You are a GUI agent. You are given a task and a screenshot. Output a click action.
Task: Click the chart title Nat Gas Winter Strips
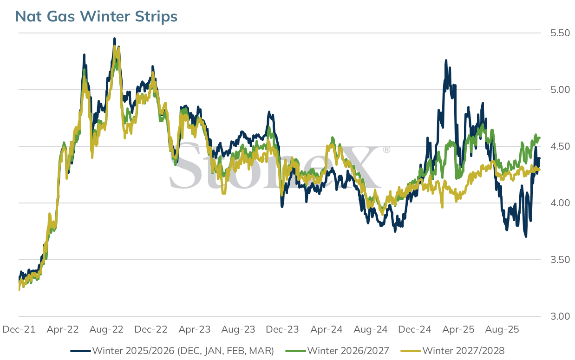pos(96,16)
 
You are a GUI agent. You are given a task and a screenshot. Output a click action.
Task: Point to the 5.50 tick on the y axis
pos(560,33)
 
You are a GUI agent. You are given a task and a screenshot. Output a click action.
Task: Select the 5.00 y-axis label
pos(560,90)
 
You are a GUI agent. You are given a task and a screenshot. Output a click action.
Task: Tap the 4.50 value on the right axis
pos(560,147)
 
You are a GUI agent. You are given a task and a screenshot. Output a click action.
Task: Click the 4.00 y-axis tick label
pos(560,203)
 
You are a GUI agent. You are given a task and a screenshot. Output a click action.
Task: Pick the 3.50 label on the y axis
pos(560,260)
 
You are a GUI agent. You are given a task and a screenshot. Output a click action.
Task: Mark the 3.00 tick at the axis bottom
pos(560,316)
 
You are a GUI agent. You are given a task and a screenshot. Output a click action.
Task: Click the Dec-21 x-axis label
pos(19,329)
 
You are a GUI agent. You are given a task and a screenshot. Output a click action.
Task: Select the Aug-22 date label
pos(106,329)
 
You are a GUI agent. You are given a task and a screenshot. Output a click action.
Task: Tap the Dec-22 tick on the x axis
pos(150,329)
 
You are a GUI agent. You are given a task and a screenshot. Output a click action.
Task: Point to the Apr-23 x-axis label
pos(195,329)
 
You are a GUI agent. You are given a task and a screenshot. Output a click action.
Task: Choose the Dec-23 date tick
pos(282,329)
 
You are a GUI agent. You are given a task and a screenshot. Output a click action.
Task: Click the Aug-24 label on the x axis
pos(371,329)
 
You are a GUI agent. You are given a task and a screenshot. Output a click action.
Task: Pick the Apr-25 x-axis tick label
pos(458,329)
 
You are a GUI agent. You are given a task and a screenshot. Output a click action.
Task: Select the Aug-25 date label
pos(502,329)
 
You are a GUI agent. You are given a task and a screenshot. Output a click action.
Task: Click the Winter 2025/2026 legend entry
pos(172,351)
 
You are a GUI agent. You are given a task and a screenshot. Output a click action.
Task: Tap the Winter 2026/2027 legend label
pos(337,351)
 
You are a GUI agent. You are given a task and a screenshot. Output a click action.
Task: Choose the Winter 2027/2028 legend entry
pos(452,351)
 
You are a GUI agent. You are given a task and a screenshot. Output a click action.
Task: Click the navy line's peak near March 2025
pos(446,60)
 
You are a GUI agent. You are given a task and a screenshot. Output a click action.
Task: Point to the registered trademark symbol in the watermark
pos(386,150)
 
